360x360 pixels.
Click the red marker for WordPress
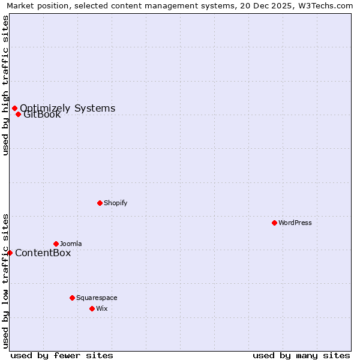coord(274,223)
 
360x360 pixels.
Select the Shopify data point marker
coord(100,203)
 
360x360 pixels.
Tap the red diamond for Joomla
coord(56,244)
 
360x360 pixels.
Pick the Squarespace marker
coord(72,298)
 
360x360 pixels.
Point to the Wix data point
coord(92,308)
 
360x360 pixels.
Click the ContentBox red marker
coord(10,253)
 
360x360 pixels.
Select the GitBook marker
coord(18,114)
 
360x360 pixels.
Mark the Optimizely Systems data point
coord(14,108)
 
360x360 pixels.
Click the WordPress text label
coord(295,223)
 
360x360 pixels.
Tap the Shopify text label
coord(116,203)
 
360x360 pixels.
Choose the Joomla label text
coord(71,244)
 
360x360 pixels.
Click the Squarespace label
coord(97,298)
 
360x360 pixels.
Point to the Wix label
coord(102,308)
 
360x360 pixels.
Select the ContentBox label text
coord(43,253)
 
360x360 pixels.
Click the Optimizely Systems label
coord(67,108)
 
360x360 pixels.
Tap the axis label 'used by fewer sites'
coord(62,355)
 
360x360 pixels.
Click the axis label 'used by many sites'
coord(301,355)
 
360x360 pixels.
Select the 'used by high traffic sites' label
coord(5,85)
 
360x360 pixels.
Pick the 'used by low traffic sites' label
coord(5,280)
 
